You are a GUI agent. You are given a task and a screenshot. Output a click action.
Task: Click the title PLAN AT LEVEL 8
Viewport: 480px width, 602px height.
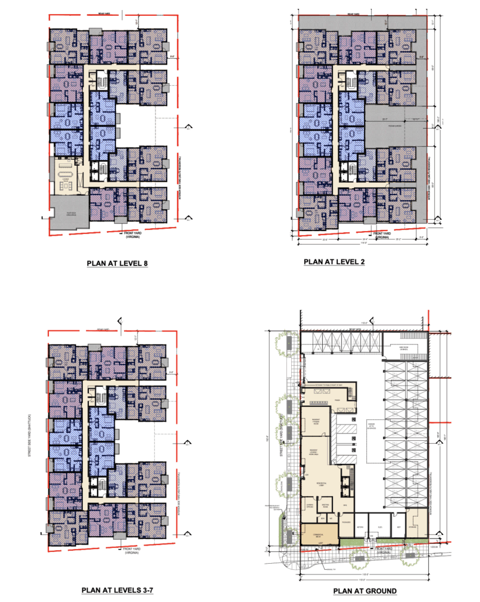click(116, 263)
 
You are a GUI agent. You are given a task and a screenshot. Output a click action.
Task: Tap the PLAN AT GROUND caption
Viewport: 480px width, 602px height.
click(365, 591)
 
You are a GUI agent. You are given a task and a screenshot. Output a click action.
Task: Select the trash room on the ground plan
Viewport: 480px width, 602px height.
click(338, 400)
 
